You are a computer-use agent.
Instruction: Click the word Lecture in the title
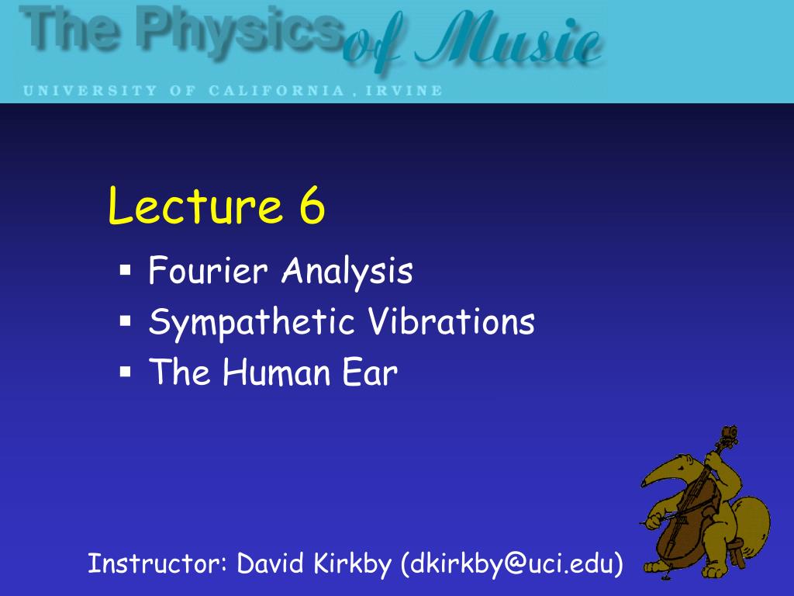click(194, 207)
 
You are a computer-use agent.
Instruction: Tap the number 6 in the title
click(309, 207)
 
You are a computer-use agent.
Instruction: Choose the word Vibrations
click(451, 322)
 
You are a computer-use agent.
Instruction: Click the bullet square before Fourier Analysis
click(125, 272)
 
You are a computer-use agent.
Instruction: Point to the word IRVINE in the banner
click(411, 91)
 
